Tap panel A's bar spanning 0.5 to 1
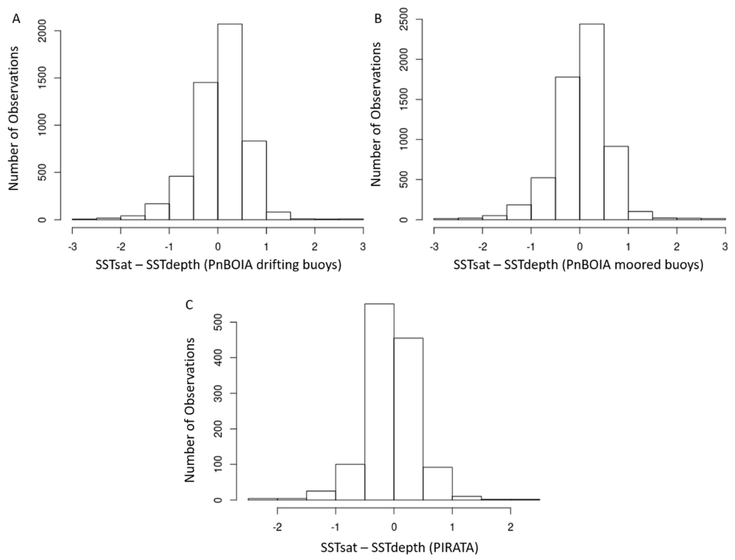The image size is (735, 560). (254, 180)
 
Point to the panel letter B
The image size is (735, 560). (378, 19)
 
